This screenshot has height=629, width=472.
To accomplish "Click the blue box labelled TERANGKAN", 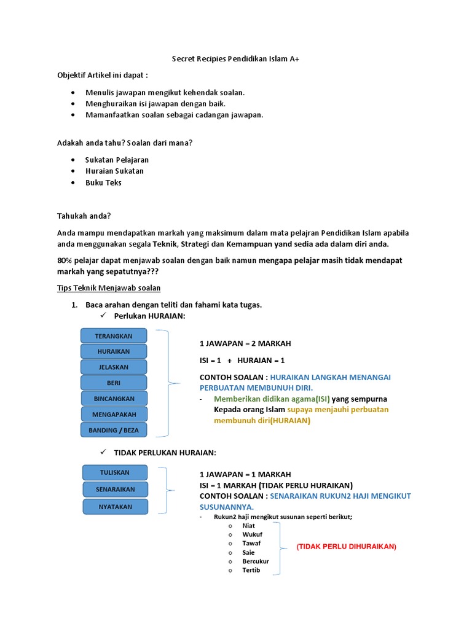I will pyautogui.click(x=114, y=336).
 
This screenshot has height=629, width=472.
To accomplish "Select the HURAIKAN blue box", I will pyautogui.click(x=114, y=351).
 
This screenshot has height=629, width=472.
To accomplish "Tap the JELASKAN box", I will pyautogui.click(x=114, y=367).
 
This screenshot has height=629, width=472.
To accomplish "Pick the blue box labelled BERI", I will pyautogui.click(x=114, y=383).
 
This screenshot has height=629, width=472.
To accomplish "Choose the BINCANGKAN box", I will pyautogui.click(x=114, y=399).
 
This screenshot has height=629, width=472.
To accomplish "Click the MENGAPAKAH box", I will pyautogui.click(x=114, y=414).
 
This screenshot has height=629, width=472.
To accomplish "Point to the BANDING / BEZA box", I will pyautogui.click(x=114, y=430).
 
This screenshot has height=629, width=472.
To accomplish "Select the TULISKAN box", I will pyautogui.click(x=115, y=472).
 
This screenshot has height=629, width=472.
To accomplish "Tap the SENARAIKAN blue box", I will pyautogui.click(x=115, y=490).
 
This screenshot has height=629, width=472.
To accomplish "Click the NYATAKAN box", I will pyautogui.click(x=115, y=507).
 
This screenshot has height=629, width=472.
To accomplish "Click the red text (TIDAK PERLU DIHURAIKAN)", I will pyautogui.click(x=346, y=546).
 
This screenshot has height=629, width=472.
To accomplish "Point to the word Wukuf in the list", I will pyautogui.click(x=252, y=534).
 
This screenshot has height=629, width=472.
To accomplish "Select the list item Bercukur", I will pyautogui.click(x=256, y=561).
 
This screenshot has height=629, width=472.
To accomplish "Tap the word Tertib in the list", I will pyautogui.click(x=251, y=570).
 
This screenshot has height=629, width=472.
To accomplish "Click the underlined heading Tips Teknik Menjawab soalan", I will pyautogui.click(x=109, y=288).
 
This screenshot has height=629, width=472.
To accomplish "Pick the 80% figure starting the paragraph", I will pyautogui.click(x=65, y=260).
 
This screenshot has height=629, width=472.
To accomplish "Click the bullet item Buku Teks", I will pyautogui.click(x=103, y=182).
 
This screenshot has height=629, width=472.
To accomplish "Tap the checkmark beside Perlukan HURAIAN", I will pyautogui.click(x=103, y=316).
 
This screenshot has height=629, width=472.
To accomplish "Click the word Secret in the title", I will pyautogui.click(x=182, y=59).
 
